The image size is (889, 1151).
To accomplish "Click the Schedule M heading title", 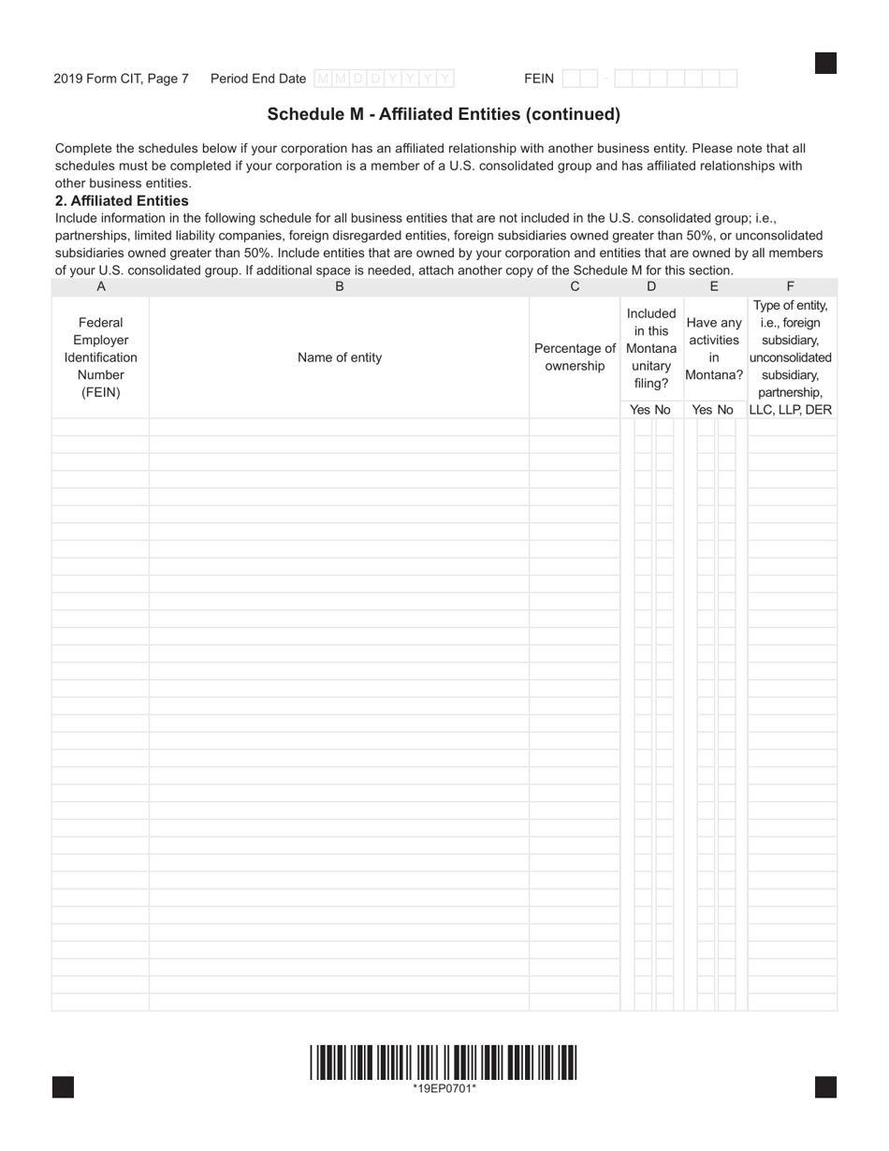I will (x=444, y=114).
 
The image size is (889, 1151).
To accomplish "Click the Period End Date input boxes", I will (x=384, y=79).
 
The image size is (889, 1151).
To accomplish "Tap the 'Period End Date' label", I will (x=258, y=79).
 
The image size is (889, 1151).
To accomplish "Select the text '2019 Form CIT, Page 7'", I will (x=121, y=79).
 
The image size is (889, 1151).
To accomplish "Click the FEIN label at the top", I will (x=539, y=79).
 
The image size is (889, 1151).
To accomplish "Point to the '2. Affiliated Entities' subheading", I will (x=122, y=200).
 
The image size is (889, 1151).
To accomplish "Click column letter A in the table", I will (x=101, y=287).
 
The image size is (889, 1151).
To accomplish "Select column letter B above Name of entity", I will (x=339, y=287).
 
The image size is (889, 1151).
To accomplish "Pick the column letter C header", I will (x=575, y=287).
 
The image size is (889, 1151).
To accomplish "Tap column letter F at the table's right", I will (x=791, y=287).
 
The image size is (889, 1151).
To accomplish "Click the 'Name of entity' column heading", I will (x=339, y=357).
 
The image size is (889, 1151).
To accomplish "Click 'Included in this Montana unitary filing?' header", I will (x=651, y=348).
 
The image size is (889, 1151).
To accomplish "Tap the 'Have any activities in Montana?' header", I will (x=714, y=348).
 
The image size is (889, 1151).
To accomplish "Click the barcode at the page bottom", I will (x=444, y=1062).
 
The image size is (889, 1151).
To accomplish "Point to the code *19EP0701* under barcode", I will (x=444, y=1087).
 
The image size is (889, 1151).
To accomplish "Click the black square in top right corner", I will (x=825, y=63).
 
